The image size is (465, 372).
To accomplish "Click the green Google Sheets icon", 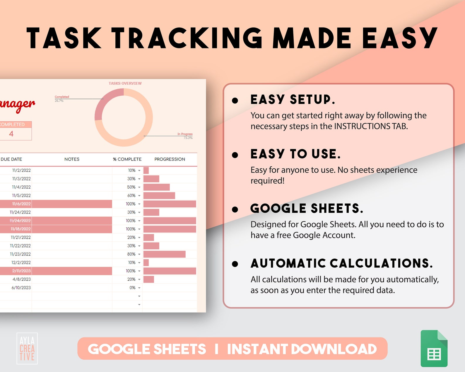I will (434, 349).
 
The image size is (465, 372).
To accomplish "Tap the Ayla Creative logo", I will (27, 349).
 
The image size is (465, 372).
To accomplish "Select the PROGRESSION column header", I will (170, 159).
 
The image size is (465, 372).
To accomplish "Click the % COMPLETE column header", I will (127, 159).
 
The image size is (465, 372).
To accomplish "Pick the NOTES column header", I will (72, 159).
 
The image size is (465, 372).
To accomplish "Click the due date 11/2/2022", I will (21, 170).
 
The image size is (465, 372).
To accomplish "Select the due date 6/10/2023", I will (21, 288).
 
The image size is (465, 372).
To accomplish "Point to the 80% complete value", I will (131, 254).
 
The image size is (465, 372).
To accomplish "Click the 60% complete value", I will (131, 195).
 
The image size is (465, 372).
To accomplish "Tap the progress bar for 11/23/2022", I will (164, 254).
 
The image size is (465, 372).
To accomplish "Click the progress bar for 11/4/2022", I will (156, 187).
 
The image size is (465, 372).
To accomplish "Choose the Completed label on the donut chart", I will (62, 97).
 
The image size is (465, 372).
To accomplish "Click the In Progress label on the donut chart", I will (185, 134).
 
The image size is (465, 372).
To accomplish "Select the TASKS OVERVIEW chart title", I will (125, 83).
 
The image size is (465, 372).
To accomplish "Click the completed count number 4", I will (11, 134).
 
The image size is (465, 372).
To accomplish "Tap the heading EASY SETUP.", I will (293, 100).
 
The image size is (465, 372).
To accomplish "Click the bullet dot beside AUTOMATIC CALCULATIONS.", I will (235, 264).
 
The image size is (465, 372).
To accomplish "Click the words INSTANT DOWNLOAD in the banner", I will (302, 349).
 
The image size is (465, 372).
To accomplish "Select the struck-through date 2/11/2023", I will (21, 271).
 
